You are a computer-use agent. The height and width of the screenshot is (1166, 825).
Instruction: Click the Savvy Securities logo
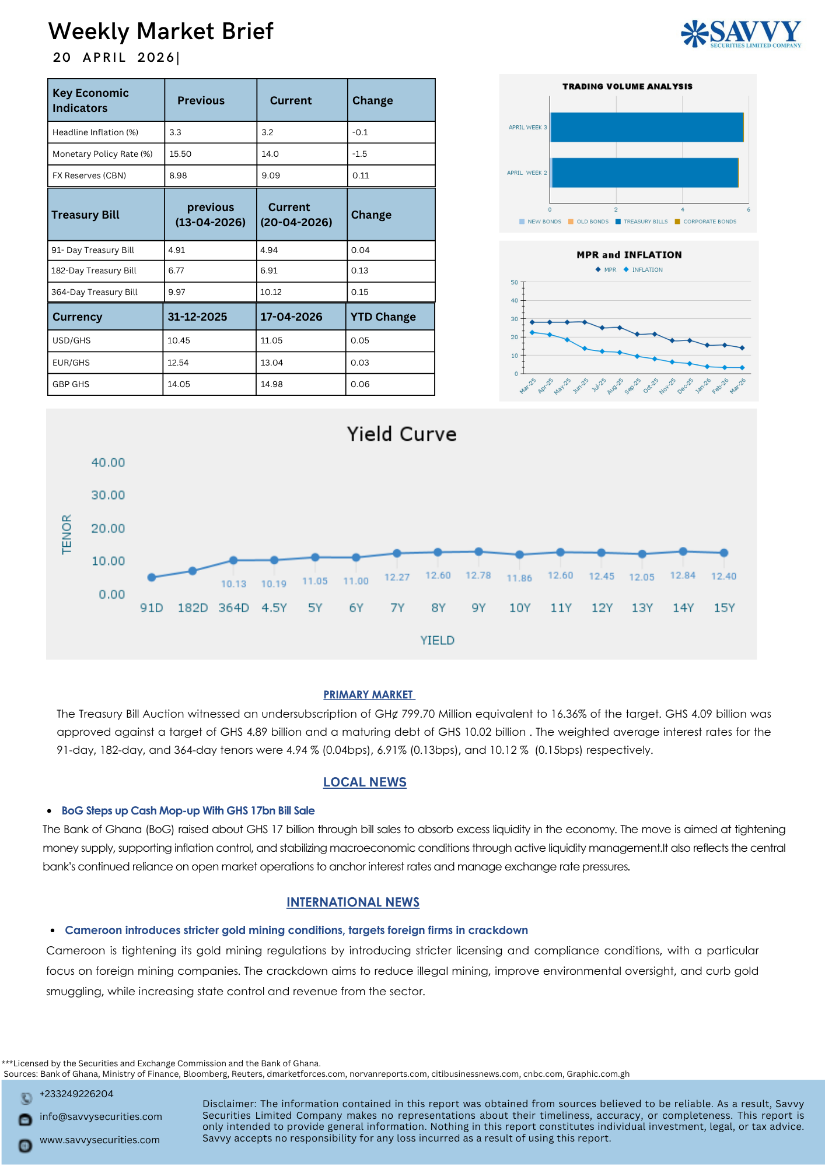741,33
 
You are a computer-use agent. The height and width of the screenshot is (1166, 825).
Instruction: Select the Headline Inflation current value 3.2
267,132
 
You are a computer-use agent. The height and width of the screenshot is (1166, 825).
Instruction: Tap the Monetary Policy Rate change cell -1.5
359,154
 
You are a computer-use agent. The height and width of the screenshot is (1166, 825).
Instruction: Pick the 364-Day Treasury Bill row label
95,292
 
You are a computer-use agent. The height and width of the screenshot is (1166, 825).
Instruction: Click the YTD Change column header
383,317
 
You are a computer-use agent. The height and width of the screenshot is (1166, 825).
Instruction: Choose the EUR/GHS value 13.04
271,363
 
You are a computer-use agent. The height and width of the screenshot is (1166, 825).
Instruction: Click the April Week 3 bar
646,127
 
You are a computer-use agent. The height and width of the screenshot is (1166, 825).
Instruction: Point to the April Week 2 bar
644,173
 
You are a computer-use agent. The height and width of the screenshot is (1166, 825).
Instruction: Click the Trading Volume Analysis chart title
627,86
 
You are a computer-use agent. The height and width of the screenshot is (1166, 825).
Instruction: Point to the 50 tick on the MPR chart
514,282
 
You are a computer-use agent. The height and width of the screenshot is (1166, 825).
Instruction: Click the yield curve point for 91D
152,577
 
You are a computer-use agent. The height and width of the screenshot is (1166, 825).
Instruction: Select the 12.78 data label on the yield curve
478,575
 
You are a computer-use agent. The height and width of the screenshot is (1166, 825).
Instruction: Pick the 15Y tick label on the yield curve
724,608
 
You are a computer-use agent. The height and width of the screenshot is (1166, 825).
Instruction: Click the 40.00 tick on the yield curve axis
108,462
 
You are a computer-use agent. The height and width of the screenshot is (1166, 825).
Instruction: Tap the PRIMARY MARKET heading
369,694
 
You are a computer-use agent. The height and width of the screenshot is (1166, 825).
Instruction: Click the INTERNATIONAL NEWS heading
353,902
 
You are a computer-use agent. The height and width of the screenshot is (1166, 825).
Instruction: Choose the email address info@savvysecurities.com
100,1116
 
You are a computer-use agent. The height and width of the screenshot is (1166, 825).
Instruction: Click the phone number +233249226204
76,1094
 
